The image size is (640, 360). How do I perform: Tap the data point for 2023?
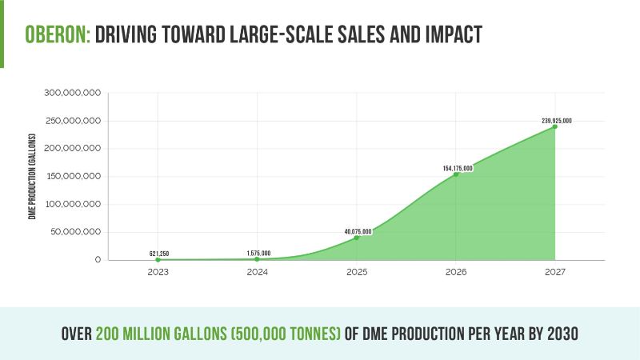pos(158,259)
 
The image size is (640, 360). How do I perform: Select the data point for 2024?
pos(258,258)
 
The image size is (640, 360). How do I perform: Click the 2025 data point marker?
pos(357,238)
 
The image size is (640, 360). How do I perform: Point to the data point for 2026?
pos(456,174)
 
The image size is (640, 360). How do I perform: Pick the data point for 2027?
pos(555,126)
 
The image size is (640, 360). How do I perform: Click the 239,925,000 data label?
pos(556,121)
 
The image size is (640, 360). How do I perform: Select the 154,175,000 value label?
pos(458,169)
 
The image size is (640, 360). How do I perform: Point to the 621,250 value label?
pos(159,254)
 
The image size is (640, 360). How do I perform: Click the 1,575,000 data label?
pos(258,254)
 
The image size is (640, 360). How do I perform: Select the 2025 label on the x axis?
pos(357,273)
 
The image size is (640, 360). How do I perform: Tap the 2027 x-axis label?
pos(555,273)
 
